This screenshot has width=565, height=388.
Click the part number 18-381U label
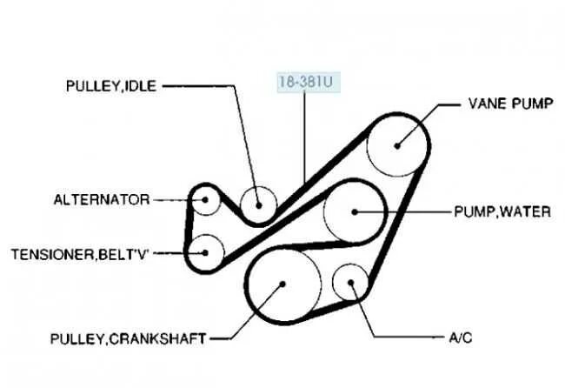tap(304, 84)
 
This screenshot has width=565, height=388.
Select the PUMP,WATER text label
tap(502, 211)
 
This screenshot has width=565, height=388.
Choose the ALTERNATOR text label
tap(101, 200)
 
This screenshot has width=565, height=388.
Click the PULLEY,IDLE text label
tap(112, 87)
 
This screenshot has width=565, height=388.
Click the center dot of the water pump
tap(355, 211)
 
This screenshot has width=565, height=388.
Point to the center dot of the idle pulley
tap(259, 204)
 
